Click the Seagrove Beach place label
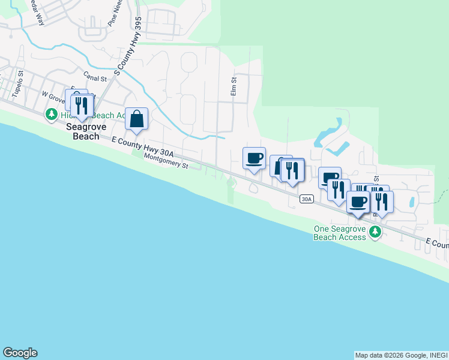click(82, 131)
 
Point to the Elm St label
click(234, 85)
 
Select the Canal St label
click(95, 77)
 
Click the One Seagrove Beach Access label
click(340, 233)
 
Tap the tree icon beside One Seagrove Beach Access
click(376, 232)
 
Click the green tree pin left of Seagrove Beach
click(52, 113)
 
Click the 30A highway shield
click(306, 199)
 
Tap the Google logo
click(20, 353)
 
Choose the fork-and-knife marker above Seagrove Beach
click(82, 106)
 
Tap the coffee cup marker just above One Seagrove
click(358, 203)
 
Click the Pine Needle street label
click(114, 15)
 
